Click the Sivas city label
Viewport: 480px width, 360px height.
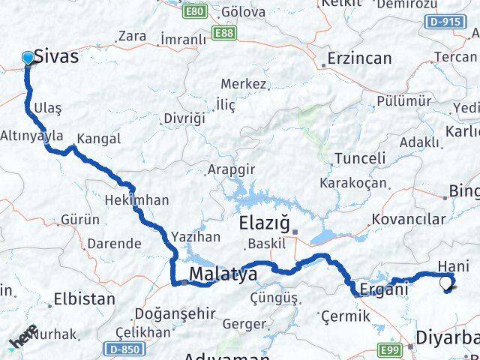pyautogui.click(x=55, y=57)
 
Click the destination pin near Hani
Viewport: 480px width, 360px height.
pyautogui.click(x=447, y=283)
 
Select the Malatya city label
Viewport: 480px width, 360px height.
pyautogui.click(x=223, y=274)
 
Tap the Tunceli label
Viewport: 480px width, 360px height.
pyautogui.click(x=360, y=158)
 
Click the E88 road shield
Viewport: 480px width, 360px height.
pyautogui.click(x=222, y=34)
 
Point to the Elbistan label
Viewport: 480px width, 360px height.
pyautogui.click(x=84, y=298)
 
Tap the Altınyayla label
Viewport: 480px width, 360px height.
pyautogui.click(x=32, y=136)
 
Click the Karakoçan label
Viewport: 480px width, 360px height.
pyautogui.click(x=352, y=183)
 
